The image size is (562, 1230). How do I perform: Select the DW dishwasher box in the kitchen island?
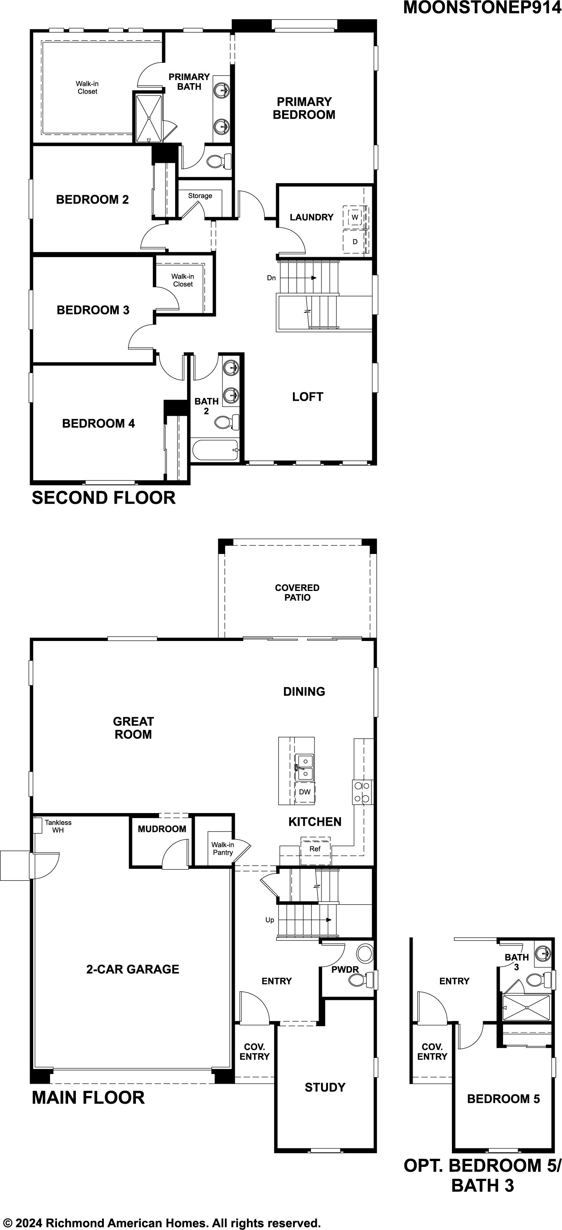pos(304,792)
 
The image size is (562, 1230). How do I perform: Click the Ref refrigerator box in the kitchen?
pos(315,848)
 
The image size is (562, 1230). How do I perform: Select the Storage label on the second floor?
pos(200,196)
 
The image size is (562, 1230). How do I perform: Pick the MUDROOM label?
pos(162,829)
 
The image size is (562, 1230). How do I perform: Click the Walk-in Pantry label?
pos(222,848)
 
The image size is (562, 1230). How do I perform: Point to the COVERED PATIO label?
pos(297,592)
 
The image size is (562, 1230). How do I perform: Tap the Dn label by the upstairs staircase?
pos(271,278)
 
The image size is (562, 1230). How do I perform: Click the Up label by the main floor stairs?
pos(270,920)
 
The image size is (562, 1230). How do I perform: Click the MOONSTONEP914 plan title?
pos(482,8)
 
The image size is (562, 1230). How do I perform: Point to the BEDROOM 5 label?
pos(503,1099)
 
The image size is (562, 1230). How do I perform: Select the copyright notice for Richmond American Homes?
pos(161,1219)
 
